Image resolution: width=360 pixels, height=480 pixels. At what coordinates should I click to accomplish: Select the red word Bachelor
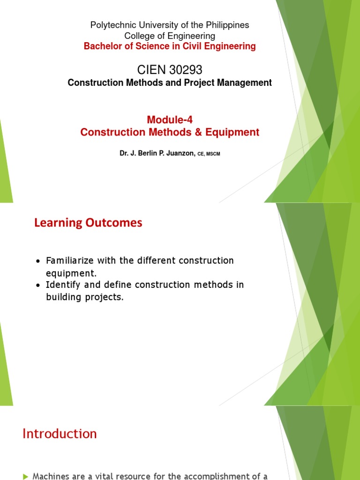101,46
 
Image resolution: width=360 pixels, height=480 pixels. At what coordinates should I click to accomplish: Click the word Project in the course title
202,83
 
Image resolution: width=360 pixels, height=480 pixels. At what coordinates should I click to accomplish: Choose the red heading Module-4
170,120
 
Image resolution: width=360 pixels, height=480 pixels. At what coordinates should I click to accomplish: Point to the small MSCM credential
213,154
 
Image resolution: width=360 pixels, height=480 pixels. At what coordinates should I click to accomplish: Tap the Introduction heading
60,434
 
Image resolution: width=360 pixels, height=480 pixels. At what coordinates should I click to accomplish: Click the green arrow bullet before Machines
25,476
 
